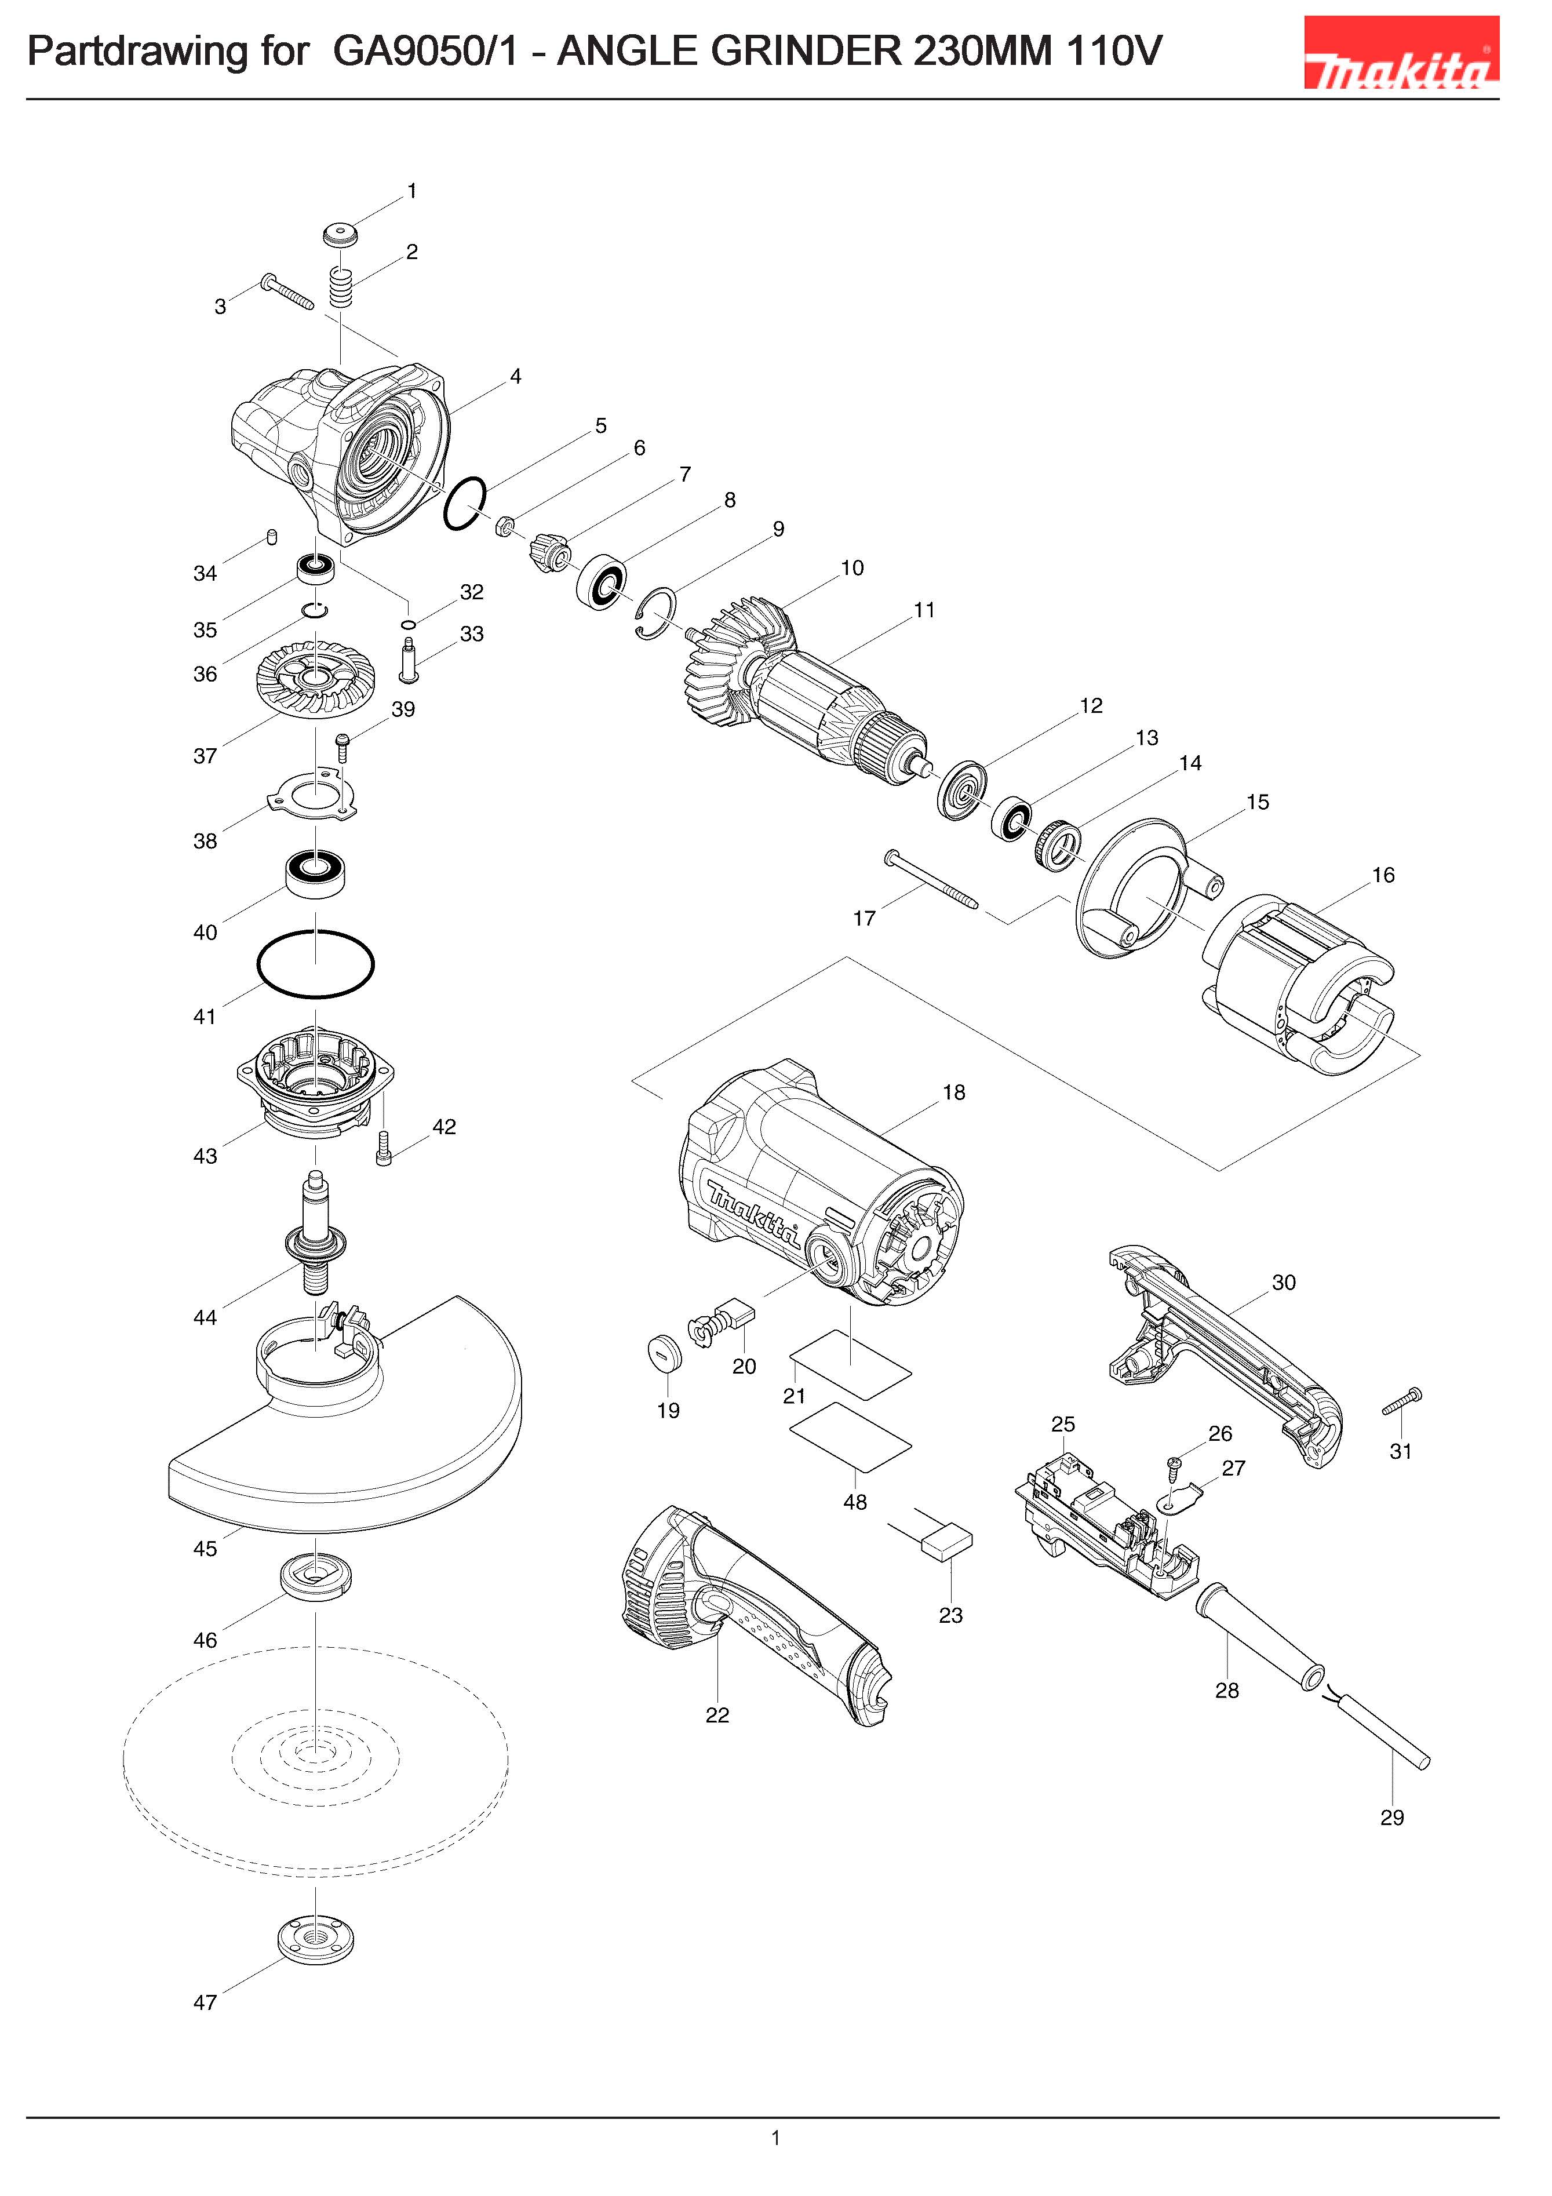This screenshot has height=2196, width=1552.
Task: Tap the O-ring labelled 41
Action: point(316,964)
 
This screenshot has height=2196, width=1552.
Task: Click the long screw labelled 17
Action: point(932,880)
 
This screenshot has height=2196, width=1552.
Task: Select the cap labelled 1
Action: point(340,234)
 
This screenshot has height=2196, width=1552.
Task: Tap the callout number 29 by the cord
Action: point(1391,1817)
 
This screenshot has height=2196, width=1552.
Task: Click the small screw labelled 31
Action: point(1403,1402)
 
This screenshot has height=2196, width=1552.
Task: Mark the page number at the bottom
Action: point(775,2137)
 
